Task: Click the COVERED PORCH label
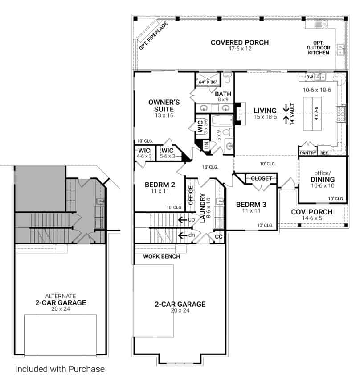[x=239, y=43]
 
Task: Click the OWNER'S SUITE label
[x=164, y=106]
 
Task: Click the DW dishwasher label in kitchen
[x=310, y=77]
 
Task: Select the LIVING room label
[x=265, y=111]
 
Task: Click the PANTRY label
[x=308, y=153]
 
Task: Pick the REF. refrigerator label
[x=324, y=153]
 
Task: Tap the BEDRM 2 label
[x=160, y=185]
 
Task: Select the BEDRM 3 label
[x=251, y=205]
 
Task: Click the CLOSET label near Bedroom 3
[x=261, y=178]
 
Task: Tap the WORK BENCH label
[x=161, y=256]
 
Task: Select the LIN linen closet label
[x=206, y=144]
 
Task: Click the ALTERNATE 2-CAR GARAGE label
[x=60, y=300]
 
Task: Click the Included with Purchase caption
[x=60, y=369]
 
